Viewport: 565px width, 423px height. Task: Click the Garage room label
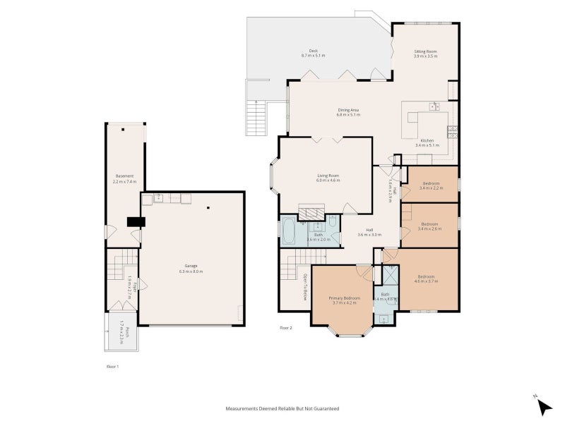pos(191,266)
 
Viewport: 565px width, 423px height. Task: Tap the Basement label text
pos(124,176)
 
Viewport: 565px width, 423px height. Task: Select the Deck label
pos(313,51)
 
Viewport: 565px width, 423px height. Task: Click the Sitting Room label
pos(426,51)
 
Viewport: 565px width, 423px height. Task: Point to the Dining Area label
pos(348,110)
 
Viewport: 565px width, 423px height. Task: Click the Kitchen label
pos(427,141)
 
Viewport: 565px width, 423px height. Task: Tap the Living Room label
pos(328,176)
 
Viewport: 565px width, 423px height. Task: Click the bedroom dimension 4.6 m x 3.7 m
pos(428,281)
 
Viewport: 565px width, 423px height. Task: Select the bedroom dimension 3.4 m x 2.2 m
pos(431,188)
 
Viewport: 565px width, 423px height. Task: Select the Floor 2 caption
pos(285,328)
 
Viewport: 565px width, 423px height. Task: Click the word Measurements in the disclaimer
pos(244,408)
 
